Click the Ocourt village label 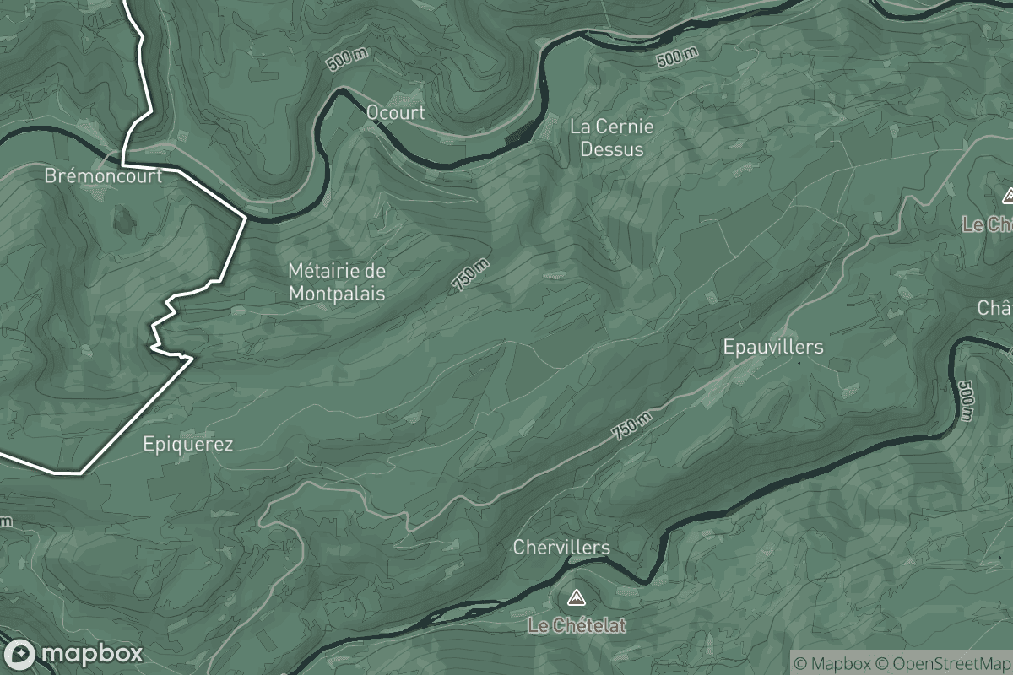395,112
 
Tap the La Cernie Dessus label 611,138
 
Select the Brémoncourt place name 103,176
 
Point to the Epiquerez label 187,444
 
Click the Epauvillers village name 772,347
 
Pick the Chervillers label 561,548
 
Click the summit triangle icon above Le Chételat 577,599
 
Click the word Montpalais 337,294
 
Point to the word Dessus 611,149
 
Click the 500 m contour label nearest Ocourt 348,61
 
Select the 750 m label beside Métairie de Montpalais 470,275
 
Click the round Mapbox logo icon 19,654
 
